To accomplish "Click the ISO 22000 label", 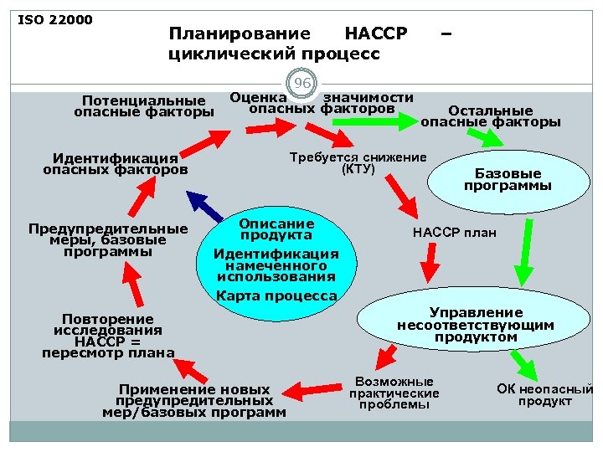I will pos(54,19).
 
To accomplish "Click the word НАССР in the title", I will pos(376,34).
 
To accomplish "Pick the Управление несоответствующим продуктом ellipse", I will pos(475,325).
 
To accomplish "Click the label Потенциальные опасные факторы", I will pos(143,107).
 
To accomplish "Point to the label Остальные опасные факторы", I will pos(490,116).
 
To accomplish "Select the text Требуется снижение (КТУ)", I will pos(358,163).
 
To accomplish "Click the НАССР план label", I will pos(454,233).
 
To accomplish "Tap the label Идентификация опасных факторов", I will pos(115,164).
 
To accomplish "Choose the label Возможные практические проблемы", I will pos(394,393).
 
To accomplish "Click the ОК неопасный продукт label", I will pos(544,394).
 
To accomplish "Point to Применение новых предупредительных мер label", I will pos(194,401).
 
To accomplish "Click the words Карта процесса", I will pos(276,295).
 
